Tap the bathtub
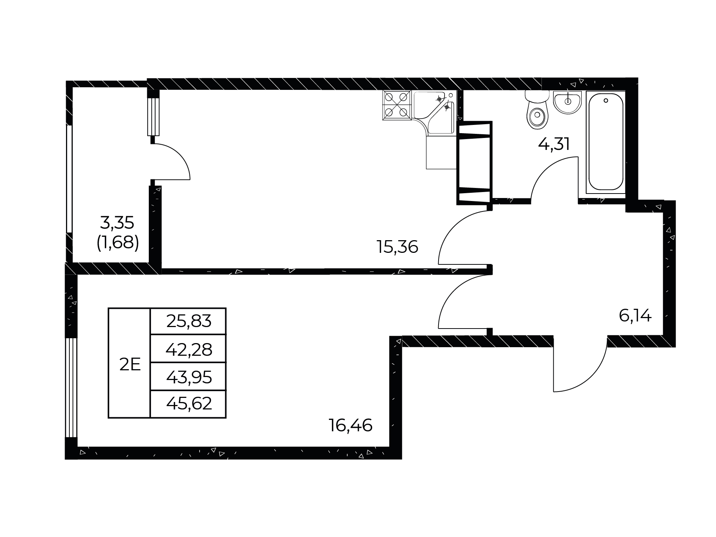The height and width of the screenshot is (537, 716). click(606, 142)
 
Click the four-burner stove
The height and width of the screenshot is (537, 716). click(396, 105)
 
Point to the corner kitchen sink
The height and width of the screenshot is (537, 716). click(435, 112)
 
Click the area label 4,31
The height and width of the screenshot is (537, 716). click(554, 144)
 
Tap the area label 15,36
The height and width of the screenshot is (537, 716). click(398, 247)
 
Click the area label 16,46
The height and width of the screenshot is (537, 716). click(351, 425)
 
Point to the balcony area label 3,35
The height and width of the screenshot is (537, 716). click(117, 223)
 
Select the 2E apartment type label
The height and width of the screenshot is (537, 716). click(130, 364)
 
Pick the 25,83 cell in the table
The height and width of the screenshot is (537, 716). click(189, 321)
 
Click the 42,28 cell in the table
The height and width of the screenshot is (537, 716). click(189, 349)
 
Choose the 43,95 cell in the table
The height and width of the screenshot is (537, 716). click(189, 377)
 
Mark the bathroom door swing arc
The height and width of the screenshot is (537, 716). click(545, 167)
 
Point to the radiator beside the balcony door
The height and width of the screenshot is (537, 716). click(153, 116)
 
